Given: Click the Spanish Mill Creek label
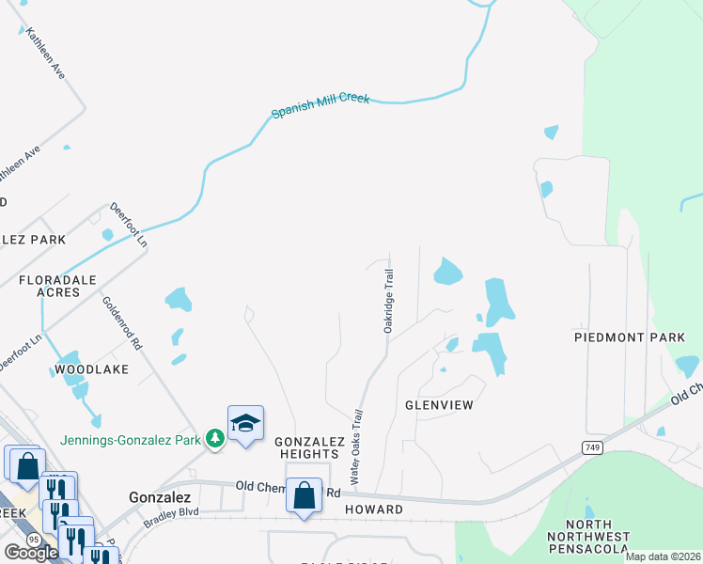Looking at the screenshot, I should pyautogui.click(x=321, y=104).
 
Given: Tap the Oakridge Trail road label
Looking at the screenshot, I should pyautogui.click(x=388, y=300).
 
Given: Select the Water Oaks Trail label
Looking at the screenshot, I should pyautogui.click(x=356, y=446).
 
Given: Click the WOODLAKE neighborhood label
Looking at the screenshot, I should pyautogui.click(x=91, y=369).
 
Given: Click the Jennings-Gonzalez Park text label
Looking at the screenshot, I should pyautogui.click(x=131, y=439).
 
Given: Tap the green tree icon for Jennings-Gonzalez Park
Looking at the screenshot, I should pyautogui.click(x=215, y=439).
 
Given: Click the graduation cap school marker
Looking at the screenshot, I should pyautogui.click(x=245, y=424).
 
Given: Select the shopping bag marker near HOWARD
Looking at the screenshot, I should pyautogui.click(x=305, y=495).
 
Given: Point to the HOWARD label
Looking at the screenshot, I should pyautogui.click(x=373, y=509).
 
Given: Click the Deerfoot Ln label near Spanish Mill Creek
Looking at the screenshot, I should pyautogui.click(x=129, y=224).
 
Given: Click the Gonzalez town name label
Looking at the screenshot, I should pyautogui.click(x=160, y=496).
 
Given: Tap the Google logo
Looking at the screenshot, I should pyautogui.click(x=31, y=553).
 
